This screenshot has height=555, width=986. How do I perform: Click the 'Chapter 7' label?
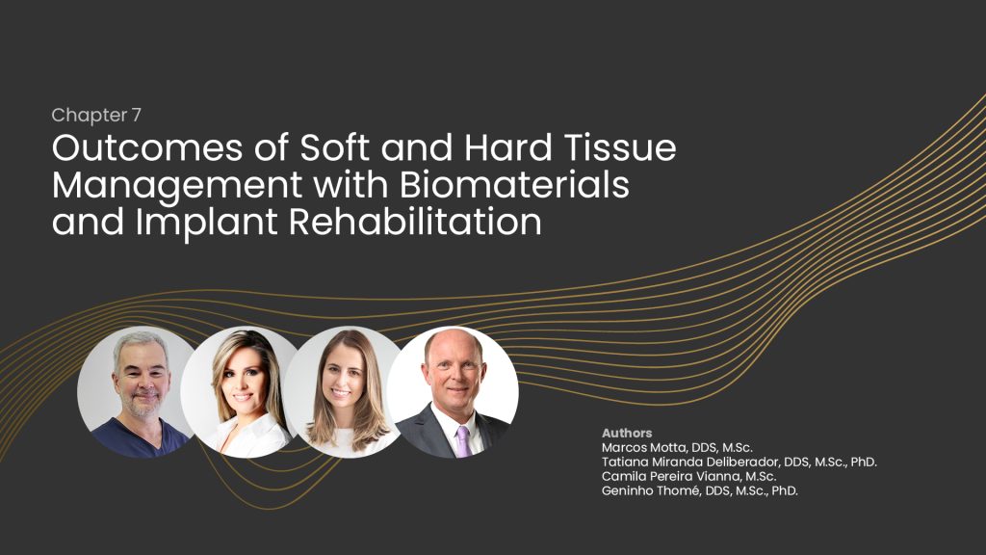96,116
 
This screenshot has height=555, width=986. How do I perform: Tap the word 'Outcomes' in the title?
147,147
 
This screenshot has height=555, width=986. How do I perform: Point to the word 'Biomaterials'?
514,185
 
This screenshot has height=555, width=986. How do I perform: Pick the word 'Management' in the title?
177,186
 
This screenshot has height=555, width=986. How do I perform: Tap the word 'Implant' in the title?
206,224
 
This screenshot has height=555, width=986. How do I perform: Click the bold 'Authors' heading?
627,433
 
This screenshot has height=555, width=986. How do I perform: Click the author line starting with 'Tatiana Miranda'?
739,462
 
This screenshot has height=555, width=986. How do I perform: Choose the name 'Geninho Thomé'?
651,490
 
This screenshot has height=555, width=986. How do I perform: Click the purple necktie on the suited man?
463,441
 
